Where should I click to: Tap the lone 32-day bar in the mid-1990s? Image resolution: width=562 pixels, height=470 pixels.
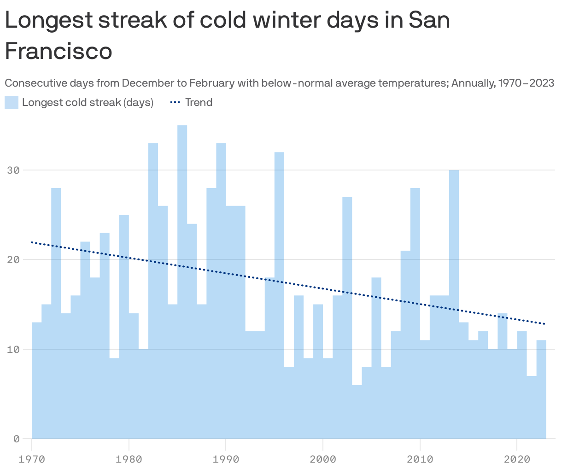pyautogui.click(x=279, y=295)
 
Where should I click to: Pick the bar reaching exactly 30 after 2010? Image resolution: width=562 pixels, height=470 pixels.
pyautogui.click(x=454, y=304)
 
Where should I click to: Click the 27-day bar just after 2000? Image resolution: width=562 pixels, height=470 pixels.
pyautogui.click(x=347, y=318)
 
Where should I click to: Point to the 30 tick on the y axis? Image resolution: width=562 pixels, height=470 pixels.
pyautogui.click(x=14, y=170)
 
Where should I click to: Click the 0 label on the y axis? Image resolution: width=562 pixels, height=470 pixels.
pyautogui.click(x=17, y=439)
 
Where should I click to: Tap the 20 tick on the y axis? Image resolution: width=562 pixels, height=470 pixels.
pyautogui.click(x=14, y=259)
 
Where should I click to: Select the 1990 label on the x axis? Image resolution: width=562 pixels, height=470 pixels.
pyautogui.click(x=226, y=459)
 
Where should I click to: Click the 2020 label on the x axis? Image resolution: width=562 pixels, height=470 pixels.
pyautogui.click(x=517, y=459)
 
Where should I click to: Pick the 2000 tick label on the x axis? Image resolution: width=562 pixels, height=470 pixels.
pyautogui.click(x=323, y=459)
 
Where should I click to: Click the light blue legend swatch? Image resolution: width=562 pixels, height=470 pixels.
pyautogui.click(x=12, y=102)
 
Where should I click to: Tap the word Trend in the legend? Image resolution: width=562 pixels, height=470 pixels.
pyautogui.click(x=199, y=102)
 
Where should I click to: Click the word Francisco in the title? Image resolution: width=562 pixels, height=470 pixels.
pyautogui.click(x=59, y=51)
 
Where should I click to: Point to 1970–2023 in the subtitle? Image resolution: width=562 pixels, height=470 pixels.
pyautogui.click(x=526, y=83)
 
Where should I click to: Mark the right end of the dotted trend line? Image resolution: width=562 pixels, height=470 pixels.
pyautogui.click(x=544, y=324)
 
